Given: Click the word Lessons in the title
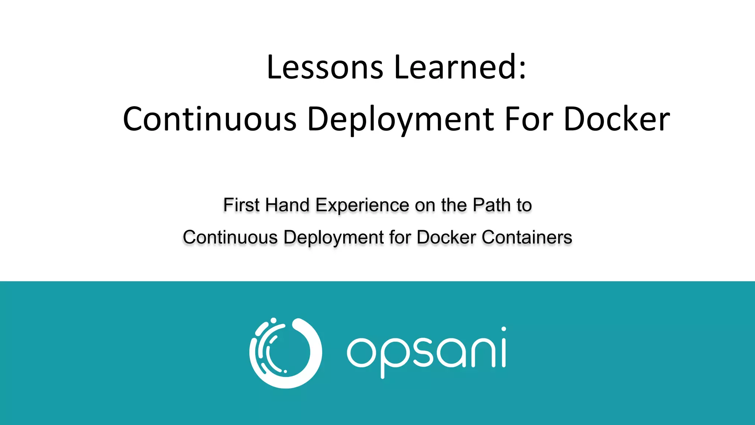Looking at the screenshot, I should click(325, 67).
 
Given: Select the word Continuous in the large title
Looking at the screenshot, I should click(209, 119).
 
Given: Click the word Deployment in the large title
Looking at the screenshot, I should click(400, 119).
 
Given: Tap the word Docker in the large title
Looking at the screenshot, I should click(617, 119).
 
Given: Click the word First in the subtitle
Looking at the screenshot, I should click(241, 205).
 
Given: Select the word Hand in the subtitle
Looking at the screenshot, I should click(287, 205).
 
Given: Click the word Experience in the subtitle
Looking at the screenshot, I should click(362, 205).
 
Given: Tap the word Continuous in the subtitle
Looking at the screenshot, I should click(230, 237).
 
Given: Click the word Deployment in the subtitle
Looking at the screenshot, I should click(334, 237).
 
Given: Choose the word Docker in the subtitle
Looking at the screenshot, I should click(446, 237).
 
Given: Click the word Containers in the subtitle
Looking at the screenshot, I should click(527, 237).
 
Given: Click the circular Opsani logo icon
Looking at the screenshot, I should click(286, 353).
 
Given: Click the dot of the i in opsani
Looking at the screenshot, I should click(504, 329).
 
